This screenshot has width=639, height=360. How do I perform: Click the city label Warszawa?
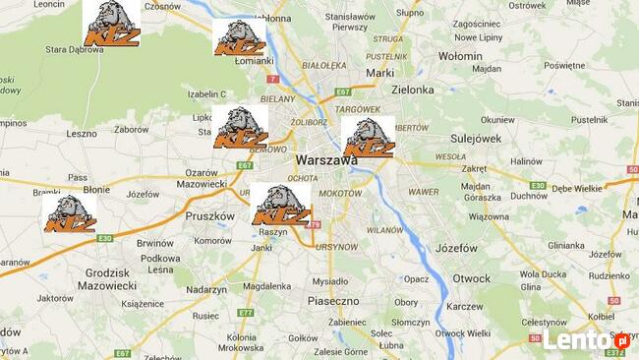coord(325,159)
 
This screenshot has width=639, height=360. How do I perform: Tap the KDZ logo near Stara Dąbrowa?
coord(111,23)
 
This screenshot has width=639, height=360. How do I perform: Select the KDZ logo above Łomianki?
coord(241,36)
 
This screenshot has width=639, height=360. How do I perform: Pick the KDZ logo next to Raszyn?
coord(280,205)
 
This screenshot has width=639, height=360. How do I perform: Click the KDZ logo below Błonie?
coord(70,213)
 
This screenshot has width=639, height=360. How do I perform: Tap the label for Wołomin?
coord(460,56)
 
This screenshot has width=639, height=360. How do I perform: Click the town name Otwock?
coord(471,278)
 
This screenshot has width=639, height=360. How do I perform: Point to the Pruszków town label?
coord(210,215)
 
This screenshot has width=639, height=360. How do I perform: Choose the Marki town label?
coord(379,73)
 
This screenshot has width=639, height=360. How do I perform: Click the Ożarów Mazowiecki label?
coord(202,178)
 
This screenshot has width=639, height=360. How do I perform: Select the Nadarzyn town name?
coord(206,289)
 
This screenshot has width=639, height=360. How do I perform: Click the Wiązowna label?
coord(489,216)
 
